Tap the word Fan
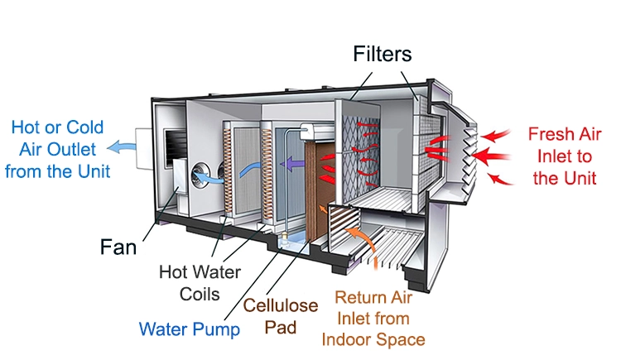pyautogui.click(x=121, y=247)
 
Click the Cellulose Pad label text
pyautogui.click(x=291, y=316)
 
